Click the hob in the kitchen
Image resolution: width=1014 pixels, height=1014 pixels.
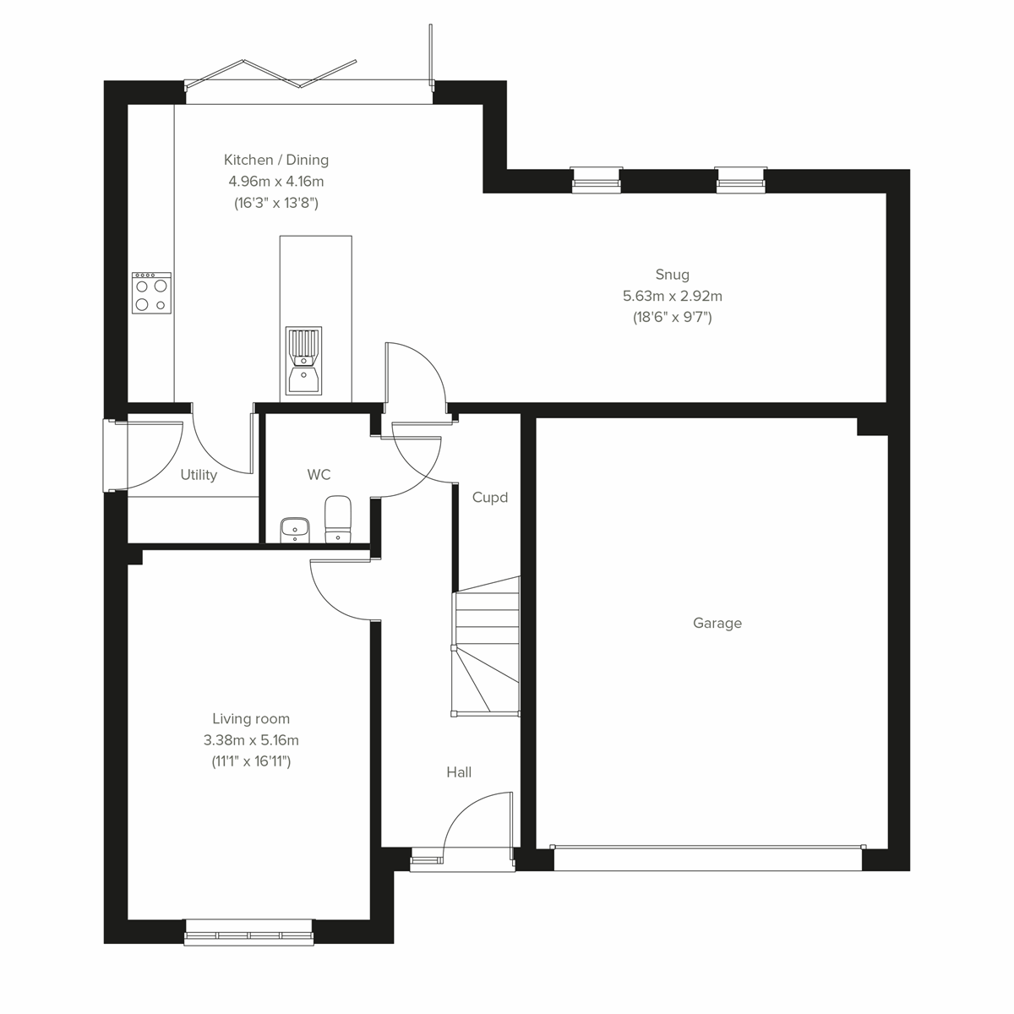(x=152, y=293)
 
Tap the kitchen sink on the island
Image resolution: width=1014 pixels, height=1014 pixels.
(x=303, y=361)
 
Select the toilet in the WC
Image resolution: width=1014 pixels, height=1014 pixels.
(x=337, y=518)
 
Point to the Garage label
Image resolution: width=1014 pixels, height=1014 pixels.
(x=717, y=624)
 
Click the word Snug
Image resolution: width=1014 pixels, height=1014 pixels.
(x=673, y=275)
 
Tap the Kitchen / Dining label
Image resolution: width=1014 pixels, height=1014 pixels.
(x=276, y=160)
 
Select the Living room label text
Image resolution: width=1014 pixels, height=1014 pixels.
(x=251, y=719)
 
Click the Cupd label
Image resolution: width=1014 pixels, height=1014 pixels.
(x=490, y=498)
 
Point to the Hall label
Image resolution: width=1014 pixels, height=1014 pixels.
(x=459, y=772)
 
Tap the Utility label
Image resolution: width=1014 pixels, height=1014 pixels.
(x=199, y=476)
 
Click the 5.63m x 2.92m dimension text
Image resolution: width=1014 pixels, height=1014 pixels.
(x=673, y=296)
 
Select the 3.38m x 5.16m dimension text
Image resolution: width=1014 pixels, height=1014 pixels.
(x=251, y=740)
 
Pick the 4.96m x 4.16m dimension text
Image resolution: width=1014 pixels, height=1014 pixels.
(x=276, y=181)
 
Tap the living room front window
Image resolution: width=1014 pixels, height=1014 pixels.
(x=248, y=932)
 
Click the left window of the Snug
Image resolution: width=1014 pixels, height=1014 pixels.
(x=597, y=178)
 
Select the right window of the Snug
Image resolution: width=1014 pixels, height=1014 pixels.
(x=741, y=178)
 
